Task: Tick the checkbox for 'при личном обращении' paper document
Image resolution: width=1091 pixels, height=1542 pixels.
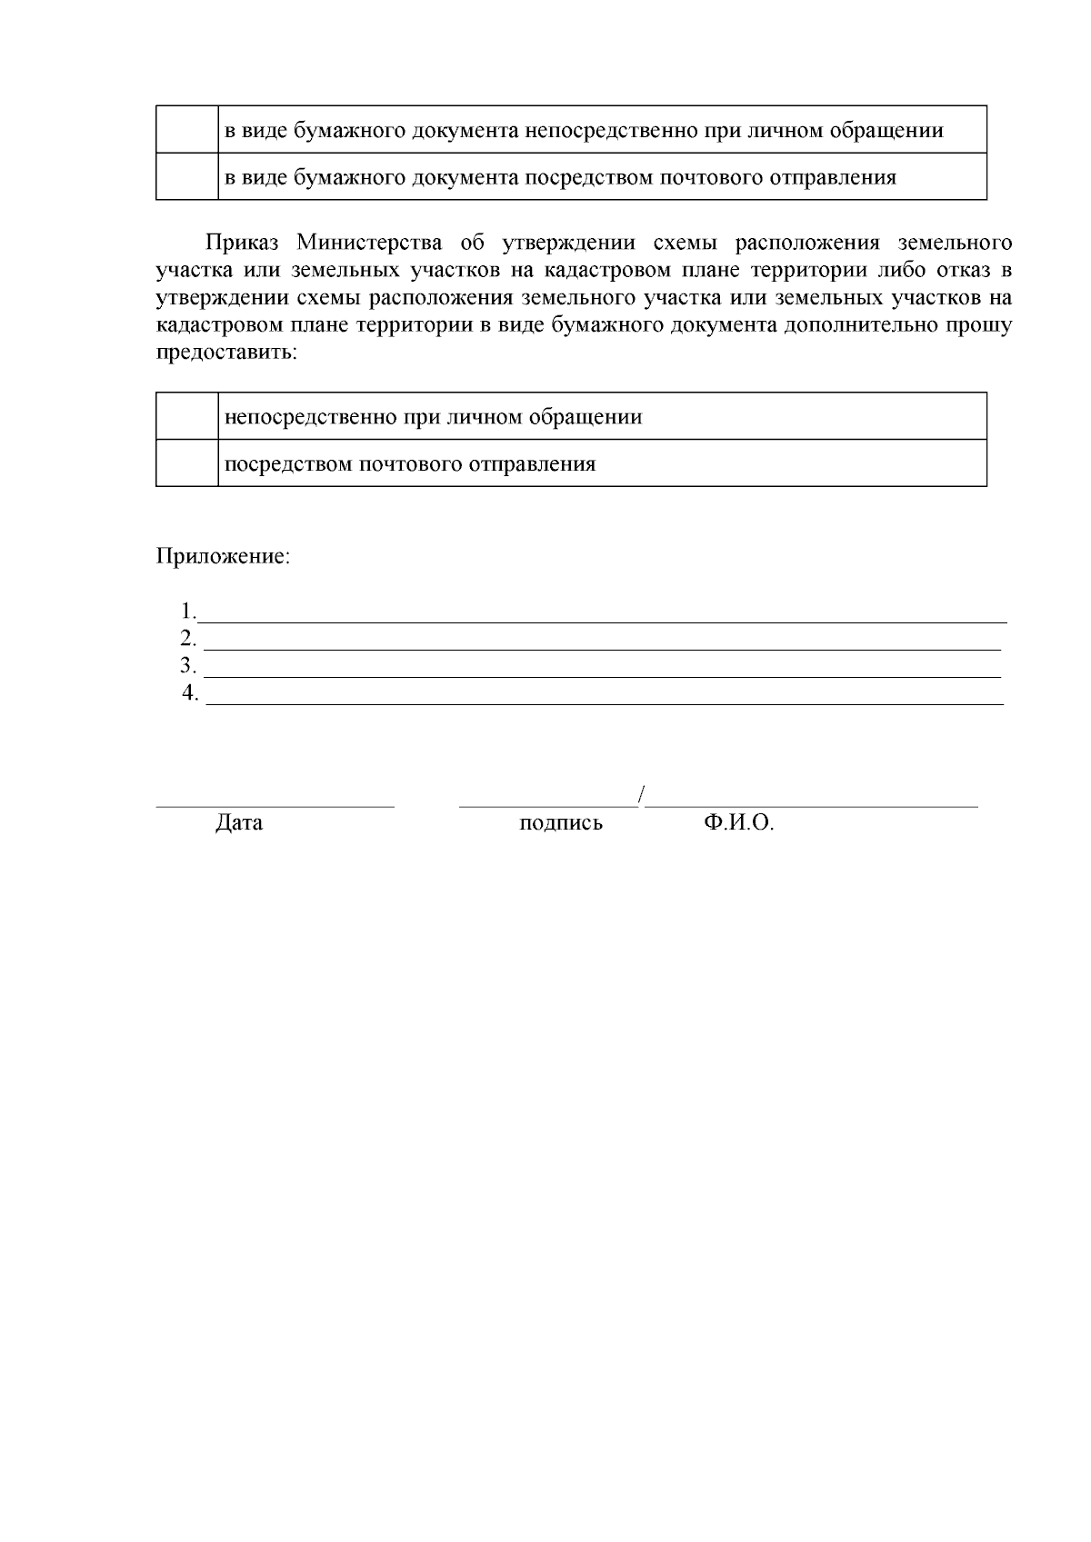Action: pyautogui.click(x=187, y=130)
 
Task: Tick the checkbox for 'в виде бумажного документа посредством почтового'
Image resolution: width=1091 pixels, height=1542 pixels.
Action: pyautogui.click(x=187, y=177)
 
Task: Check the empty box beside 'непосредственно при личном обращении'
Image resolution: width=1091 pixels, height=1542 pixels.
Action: pyautogui.click(x=187, y=417)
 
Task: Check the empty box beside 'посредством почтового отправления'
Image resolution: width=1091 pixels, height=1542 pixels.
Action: pyautogui.click(x=187, y=464)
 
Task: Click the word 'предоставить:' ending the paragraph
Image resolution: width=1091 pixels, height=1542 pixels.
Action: pyautogui.click(x=226, y=353)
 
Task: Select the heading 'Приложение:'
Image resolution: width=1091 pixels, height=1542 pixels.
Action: pyautogui.click(x=224, y=556)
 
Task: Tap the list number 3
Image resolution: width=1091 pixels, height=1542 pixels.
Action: pyautogui.click(x=188, y=666)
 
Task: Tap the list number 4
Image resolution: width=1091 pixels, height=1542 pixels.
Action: pyautogui.click(x=190, y=693)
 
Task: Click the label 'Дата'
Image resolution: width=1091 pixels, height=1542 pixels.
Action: pyautogui.click(x=239, y=823)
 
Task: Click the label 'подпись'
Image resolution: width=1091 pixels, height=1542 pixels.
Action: pyautogui.click(x=561, y=823)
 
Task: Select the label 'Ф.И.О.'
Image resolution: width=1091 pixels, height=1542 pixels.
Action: pyautogui.click(x=738, y=823)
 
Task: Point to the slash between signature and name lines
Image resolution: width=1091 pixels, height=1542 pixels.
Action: pyautogui.click(x=642, y=793)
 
